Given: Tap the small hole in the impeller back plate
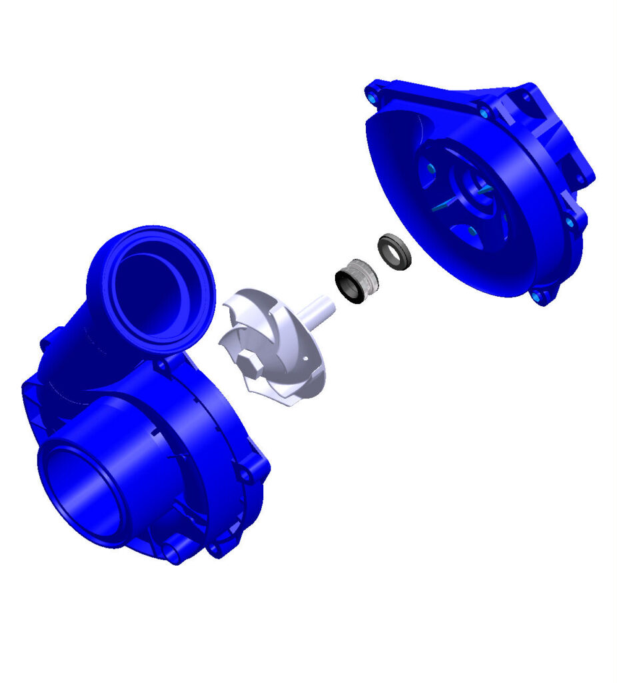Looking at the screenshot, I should (305, 358).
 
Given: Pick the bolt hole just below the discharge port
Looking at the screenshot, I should (161, 366).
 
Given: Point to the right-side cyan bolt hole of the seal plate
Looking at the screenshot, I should (569, 222).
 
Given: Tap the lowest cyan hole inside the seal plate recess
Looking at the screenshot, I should (471, 231).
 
